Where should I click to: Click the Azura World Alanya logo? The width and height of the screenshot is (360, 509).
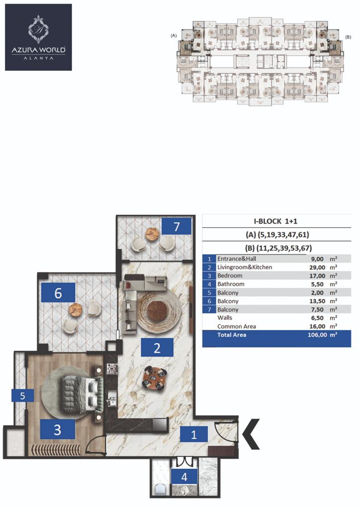(x=38, y=37)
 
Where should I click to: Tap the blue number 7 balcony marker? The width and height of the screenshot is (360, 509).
(x=176, y=227)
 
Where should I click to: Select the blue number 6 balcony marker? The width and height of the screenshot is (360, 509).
(x=58, y=293)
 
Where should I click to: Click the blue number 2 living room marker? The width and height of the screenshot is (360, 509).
(x=157, y=347)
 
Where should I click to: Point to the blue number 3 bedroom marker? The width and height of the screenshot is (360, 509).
(x=57, y=429)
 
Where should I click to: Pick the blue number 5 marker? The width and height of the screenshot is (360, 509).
(x=23, y=396)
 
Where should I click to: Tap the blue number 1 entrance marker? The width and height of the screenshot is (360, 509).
(x=193, y=434)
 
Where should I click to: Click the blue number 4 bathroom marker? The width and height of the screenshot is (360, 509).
(x=184, y=476)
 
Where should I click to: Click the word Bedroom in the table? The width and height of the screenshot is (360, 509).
(x=230, y=275)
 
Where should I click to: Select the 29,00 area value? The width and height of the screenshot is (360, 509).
(x=317, y=267)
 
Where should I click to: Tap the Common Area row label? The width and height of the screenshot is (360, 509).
(x=237, y=327)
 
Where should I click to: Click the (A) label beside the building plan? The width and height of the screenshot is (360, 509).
(x=174, y=36)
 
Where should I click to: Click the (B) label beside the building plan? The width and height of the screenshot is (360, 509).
(x=348, y=37)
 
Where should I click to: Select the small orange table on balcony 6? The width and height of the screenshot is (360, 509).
(x=75, y=308)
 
